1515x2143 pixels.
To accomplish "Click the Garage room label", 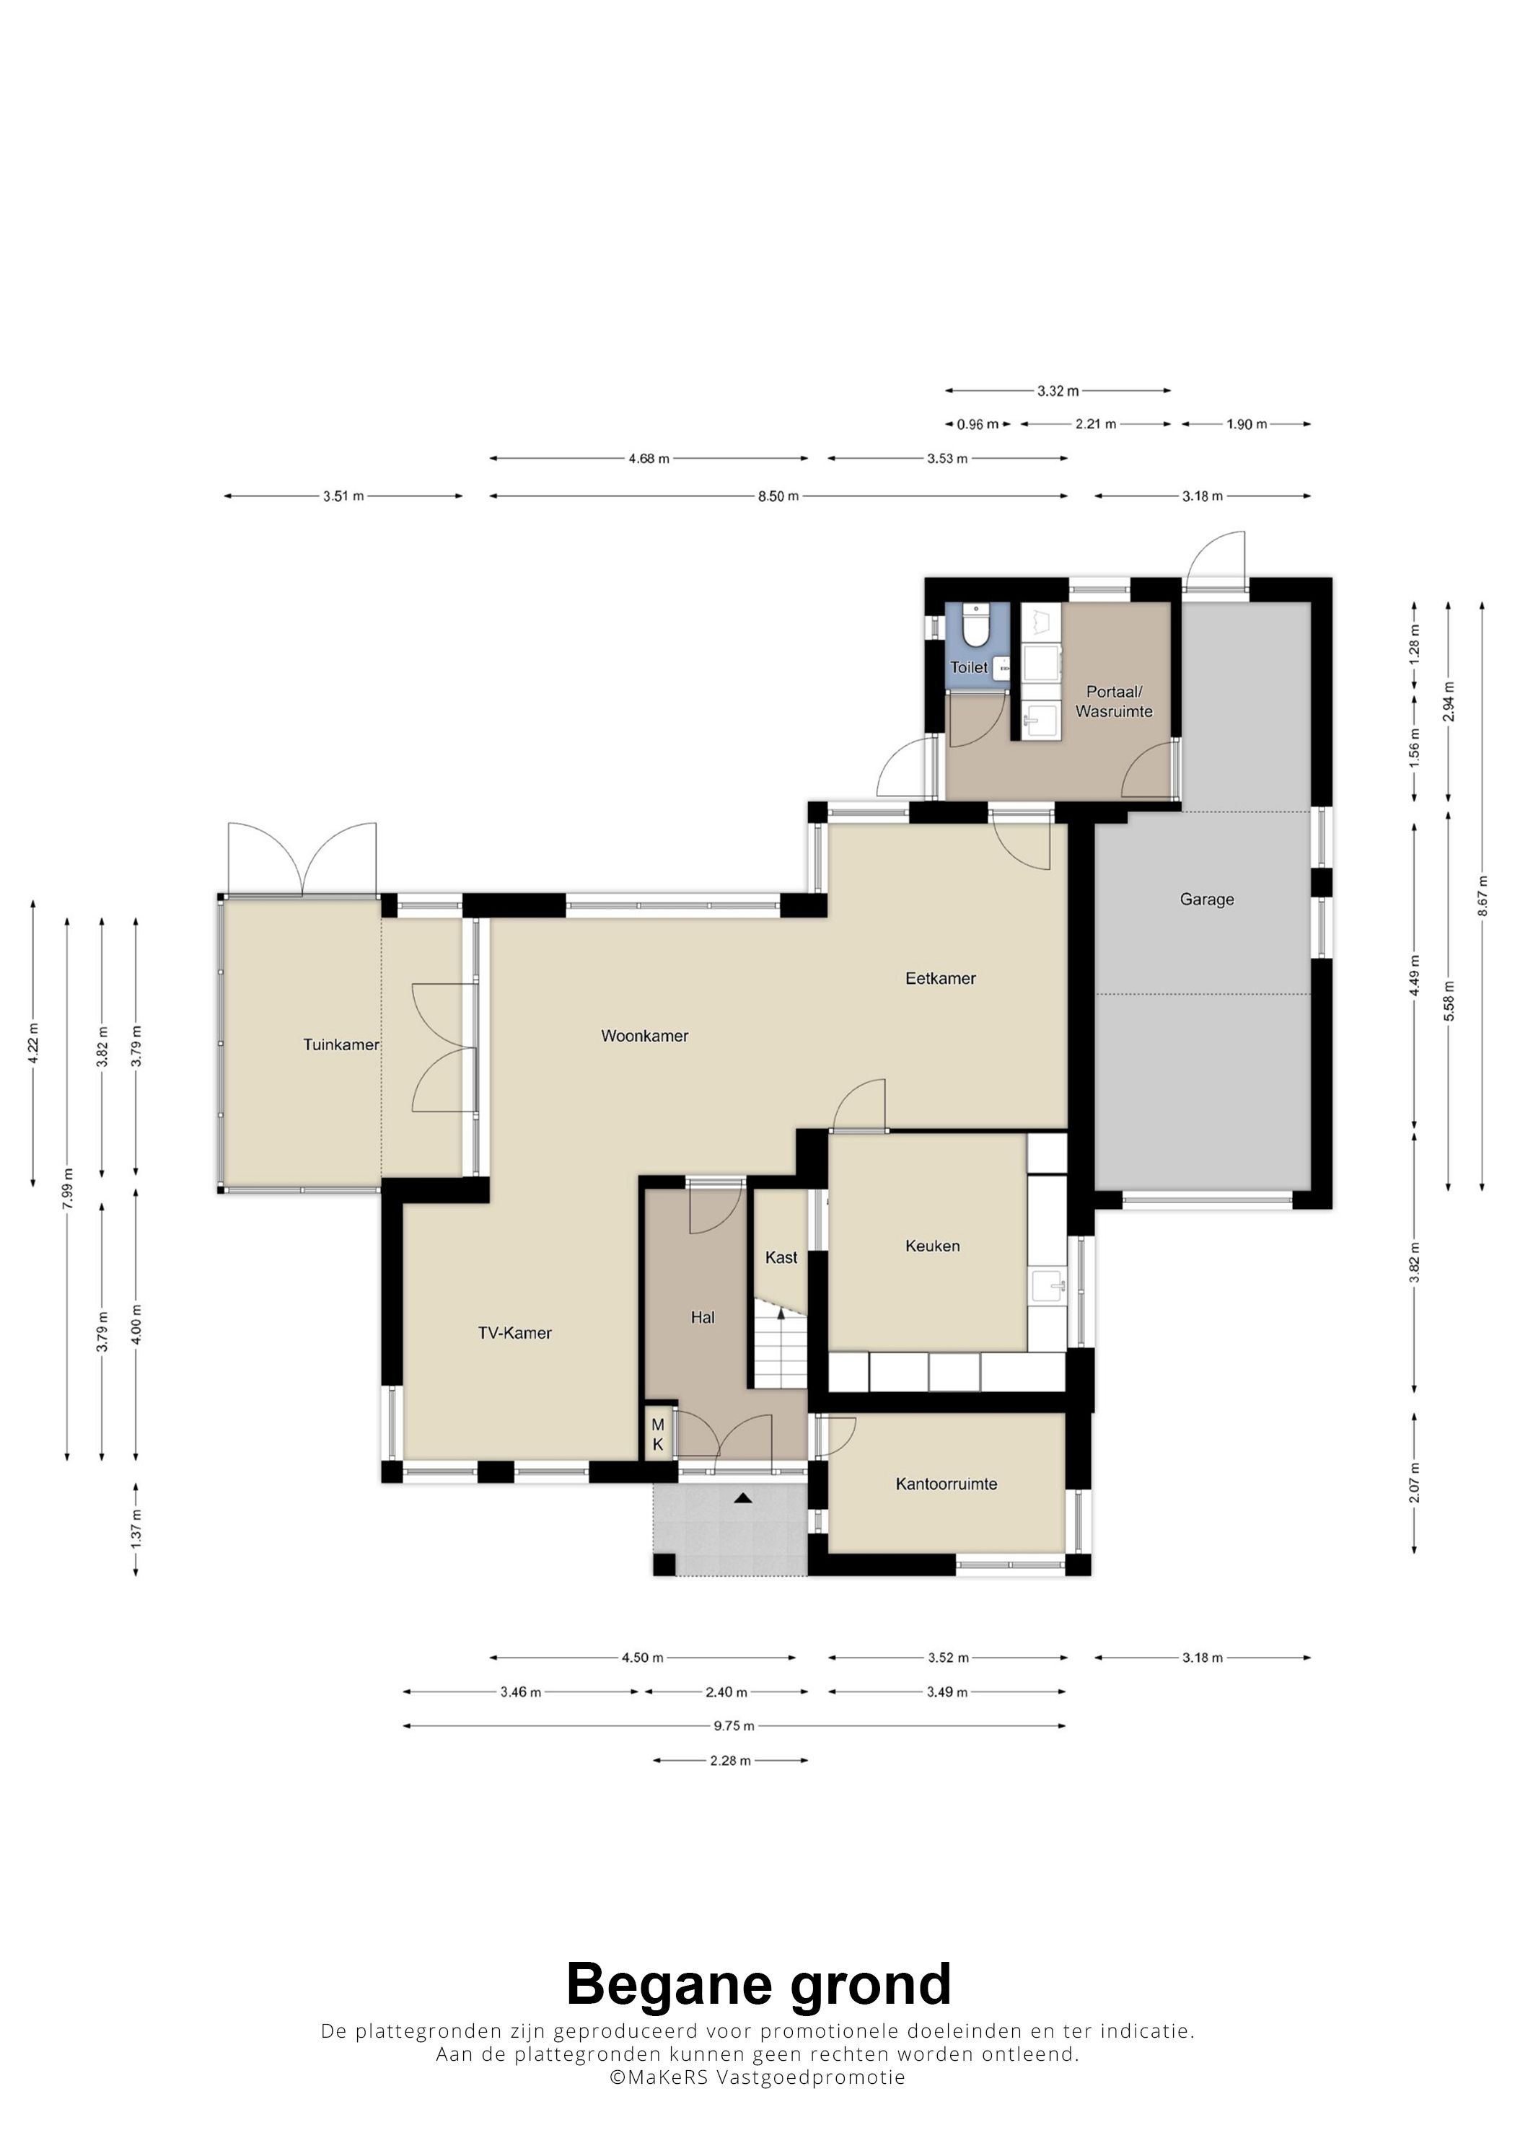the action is point(1206,899).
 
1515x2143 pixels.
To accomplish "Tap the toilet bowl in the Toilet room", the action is point(975,628).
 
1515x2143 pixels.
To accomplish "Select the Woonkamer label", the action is point(644,1036).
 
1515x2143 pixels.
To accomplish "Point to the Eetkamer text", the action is point(940,978).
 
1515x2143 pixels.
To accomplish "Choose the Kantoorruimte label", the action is point(946,1484).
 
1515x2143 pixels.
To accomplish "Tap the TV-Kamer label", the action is point(514,1334).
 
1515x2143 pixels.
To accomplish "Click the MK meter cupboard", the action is point(659,1435).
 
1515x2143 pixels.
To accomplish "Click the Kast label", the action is point(781,1257).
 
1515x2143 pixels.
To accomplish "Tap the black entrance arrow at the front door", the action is point(742,1498).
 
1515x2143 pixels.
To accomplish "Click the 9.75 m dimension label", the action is point(734,1726).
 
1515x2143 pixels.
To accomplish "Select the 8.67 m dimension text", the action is point(1483,896).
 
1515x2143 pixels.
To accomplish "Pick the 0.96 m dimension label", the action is point(978,425).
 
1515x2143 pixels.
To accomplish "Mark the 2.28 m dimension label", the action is point(730,1760).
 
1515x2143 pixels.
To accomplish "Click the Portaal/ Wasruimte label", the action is point(1114,701).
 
